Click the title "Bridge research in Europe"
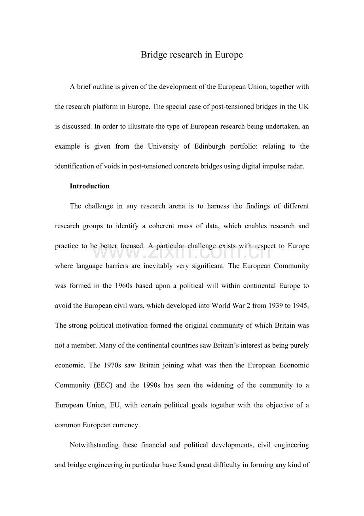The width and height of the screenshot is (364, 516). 191,55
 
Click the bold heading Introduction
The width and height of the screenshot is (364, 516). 89,186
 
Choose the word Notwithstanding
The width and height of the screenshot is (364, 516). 94,445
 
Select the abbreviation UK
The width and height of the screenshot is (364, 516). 303,107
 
